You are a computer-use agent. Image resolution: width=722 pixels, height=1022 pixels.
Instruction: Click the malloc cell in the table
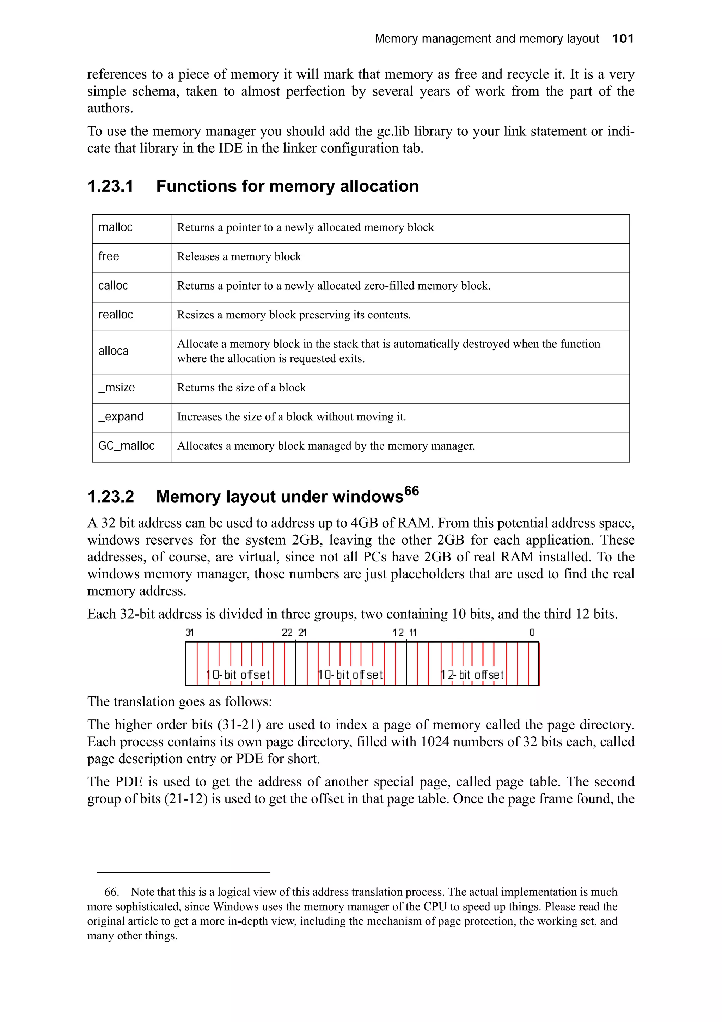tap(115, 227)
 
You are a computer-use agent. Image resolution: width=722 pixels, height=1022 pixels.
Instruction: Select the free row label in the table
tap(109, 256)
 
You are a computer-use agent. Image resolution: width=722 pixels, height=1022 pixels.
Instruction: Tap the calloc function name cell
tap(113, 285)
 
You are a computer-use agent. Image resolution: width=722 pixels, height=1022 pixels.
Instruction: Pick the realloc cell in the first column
tap(116, 315)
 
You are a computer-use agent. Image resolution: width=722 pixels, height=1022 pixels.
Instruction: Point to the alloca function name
tap(114, 351)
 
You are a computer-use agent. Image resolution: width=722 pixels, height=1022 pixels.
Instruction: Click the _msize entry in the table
tap(117, 387)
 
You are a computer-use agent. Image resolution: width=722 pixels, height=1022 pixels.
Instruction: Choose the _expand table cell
tap(121, 416)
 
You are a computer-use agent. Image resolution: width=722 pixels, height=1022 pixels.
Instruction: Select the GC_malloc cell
tap(126, 445)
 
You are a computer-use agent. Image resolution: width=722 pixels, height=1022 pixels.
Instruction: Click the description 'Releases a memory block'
tap(239, 257)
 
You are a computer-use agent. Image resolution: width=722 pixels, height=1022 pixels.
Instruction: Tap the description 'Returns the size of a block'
tap(241, 388)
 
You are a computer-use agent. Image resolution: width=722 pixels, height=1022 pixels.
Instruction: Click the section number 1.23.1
tap(110, 186)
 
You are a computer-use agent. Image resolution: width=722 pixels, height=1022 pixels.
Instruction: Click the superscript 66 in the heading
tap(411, 491)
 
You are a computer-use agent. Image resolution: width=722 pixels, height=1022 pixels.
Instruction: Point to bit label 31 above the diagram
tap(190, 633)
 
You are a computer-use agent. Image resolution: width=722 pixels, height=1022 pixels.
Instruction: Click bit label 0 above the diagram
tap(532, 633)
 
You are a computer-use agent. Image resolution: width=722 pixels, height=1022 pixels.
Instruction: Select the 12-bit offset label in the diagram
tap(472, 675)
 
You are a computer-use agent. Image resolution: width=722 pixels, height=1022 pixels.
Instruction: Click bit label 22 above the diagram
tap(287, 633)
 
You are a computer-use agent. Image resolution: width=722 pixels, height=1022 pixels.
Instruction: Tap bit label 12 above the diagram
tap(398, 633)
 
